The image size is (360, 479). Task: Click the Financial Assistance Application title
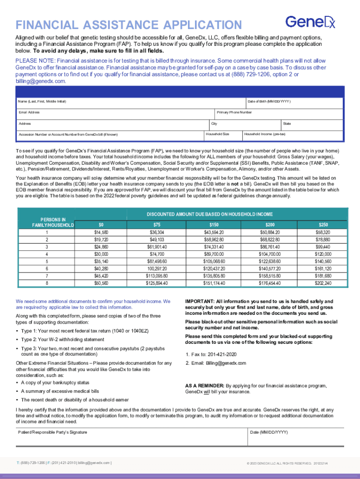click(129, 25)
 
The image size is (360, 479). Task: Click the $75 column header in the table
click(157, 225)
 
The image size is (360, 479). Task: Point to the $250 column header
click(323, 225)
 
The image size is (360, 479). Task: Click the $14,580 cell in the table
click(101, 232)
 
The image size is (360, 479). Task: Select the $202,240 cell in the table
click(323, 283)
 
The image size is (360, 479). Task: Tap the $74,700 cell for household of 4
click(157, 254)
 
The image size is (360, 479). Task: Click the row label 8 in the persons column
click(46, 283)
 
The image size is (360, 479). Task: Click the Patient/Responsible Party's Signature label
click(52, 432)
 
